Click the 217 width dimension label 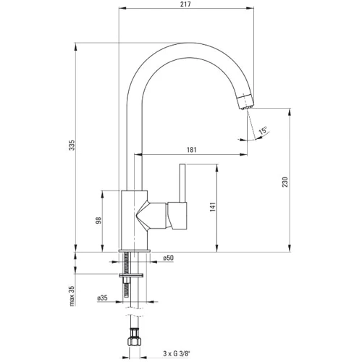pyautogui.click(x=185, y=4)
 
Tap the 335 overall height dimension pyautogui.click(x=72, y=145)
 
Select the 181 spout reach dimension pyautogui.click(x=192, y=150)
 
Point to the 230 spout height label pyautogui.click(x=285, y=182)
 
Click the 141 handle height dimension pyautogui.click(x=213, y=207)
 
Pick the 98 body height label pyautogui.click(x=98, y=220)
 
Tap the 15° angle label pyautogui.click(x=263, y=130)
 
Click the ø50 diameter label pyautogui.click(x=168, y=258)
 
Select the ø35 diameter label pyautogui.click(x=102, y=298)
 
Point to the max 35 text pyautogui.click(x=72, y=296)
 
